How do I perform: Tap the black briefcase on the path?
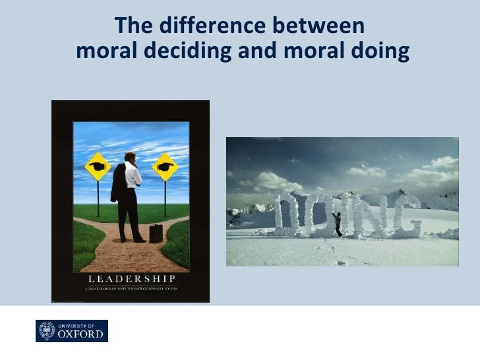point(156,232)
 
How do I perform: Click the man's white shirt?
point(134,175)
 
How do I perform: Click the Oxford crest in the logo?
point(47,330)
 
